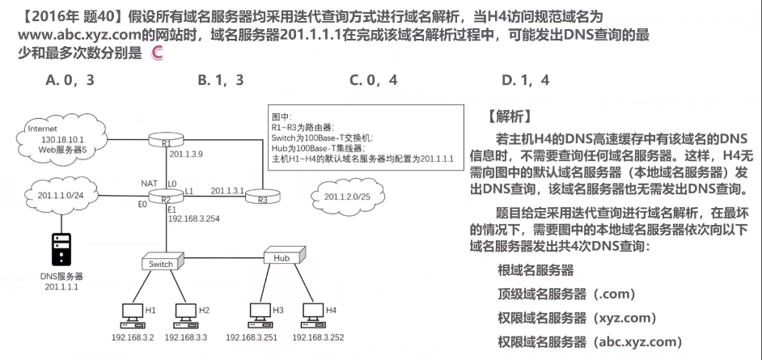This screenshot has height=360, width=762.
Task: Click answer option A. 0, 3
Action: pos(71,80)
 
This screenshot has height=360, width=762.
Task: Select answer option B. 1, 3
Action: pos(221,80)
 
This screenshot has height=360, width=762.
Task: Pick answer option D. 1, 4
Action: pos(525,80)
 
